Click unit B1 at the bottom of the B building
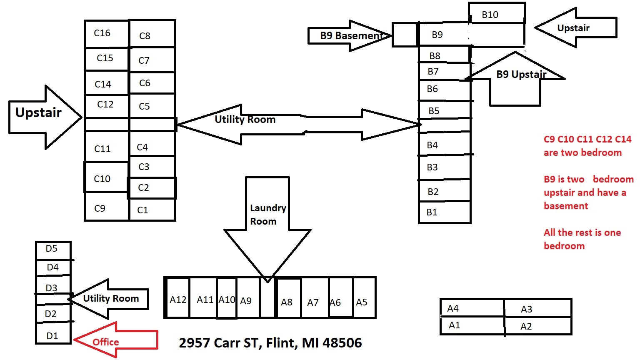444,212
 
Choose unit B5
444,110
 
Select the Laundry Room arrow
267,221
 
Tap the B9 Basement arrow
349,36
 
